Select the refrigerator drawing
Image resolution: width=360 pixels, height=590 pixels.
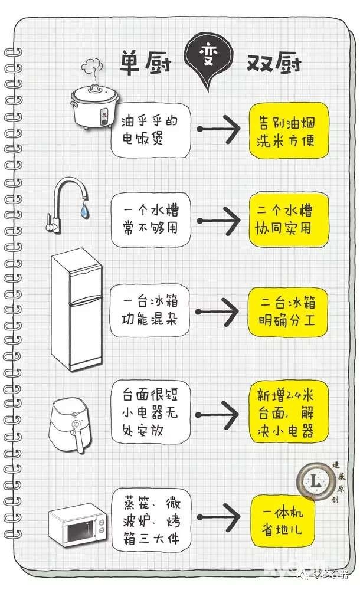(x=76, y=310)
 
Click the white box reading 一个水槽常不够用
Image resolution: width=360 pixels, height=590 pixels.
(x=152, y=219)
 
